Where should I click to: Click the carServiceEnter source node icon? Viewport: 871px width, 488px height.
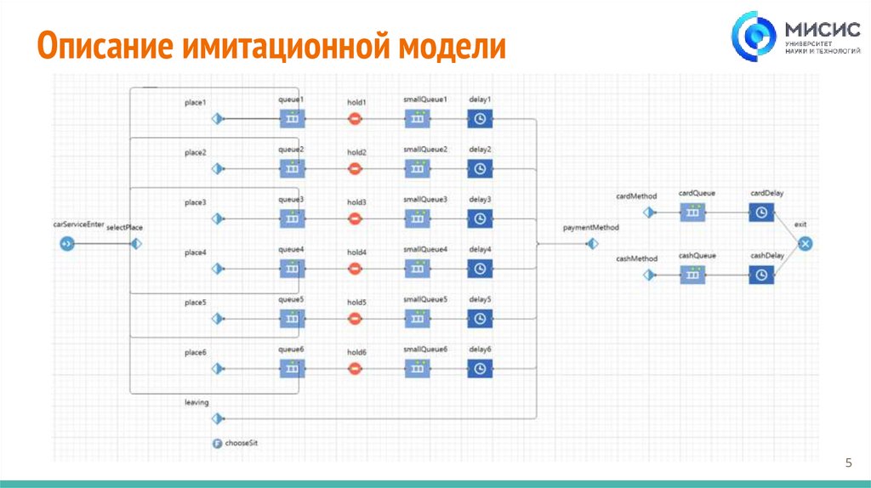67,244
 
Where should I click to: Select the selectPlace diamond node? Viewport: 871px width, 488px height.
134,244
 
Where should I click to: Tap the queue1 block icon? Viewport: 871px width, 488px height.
292,119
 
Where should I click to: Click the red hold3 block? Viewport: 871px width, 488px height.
356,218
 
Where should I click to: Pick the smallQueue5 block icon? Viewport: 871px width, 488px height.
417,319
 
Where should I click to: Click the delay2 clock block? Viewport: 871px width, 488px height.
480,169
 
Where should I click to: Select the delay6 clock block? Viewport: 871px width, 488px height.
480,369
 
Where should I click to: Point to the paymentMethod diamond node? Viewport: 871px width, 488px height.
592,244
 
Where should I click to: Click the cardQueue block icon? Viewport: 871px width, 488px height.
693,212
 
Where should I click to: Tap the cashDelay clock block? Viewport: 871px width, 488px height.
761,275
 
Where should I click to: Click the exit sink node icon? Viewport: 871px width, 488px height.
806,244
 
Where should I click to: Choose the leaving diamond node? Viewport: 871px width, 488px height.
218,418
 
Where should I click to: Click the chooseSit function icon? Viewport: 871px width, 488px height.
217,443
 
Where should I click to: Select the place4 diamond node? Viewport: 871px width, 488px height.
218,269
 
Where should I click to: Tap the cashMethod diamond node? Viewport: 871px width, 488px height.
649,275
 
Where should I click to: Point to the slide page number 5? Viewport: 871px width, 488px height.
848,462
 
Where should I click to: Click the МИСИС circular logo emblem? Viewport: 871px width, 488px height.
754,38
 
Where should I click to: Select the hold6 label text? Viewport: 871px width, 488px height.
356,352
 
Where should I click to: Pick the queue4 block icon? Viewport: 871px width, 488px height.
292,269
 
